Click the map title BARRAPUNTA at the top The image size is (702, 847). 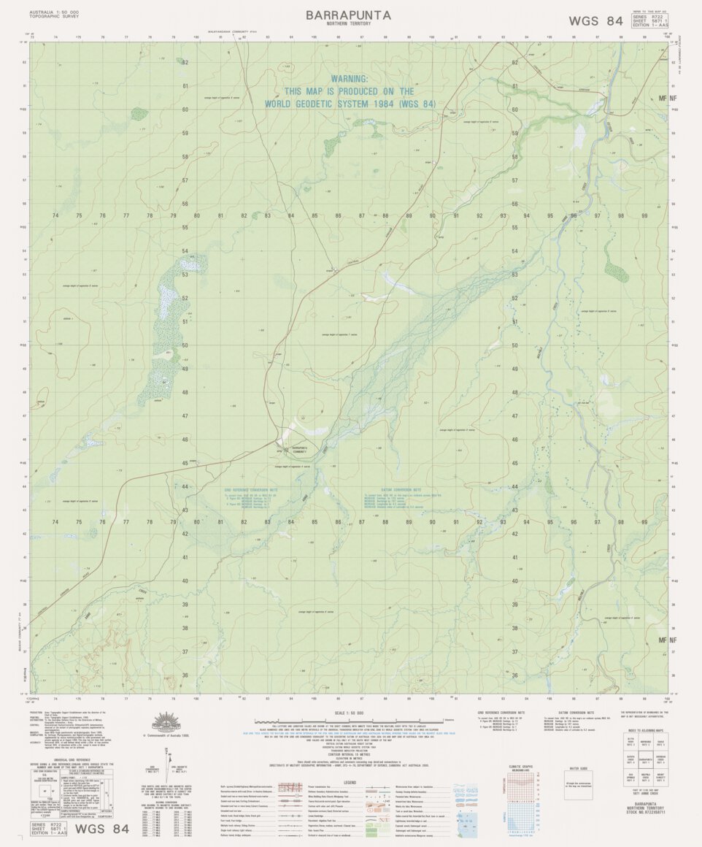point(348,15)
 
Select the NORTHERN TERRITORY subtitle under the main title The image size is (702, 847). point(348,24)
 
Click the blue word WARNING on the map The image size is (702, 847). point(350,78)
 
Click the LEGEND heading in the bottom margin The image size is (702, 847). point(350,781)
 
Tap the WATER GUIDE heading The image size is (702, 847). point(579,769)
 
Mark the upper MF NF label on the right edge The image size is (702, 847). point(666,97)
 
